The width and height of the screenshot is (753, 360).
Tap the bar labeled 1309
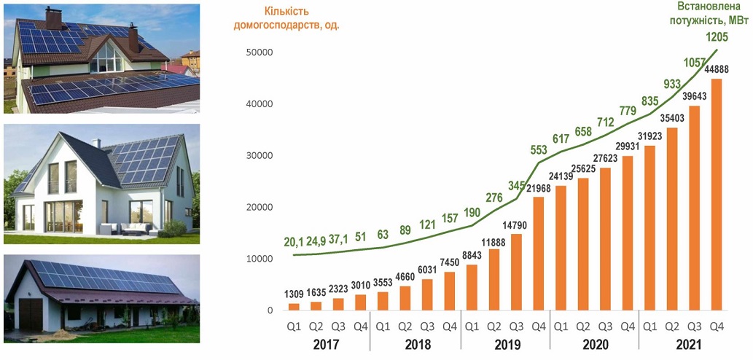click(x=294, y=307)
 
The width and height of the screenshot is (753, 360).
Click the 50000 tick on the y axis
click(x=260, y=52)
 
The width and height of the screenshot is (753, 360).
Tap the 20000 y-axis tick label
click(x=260, y=208)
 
